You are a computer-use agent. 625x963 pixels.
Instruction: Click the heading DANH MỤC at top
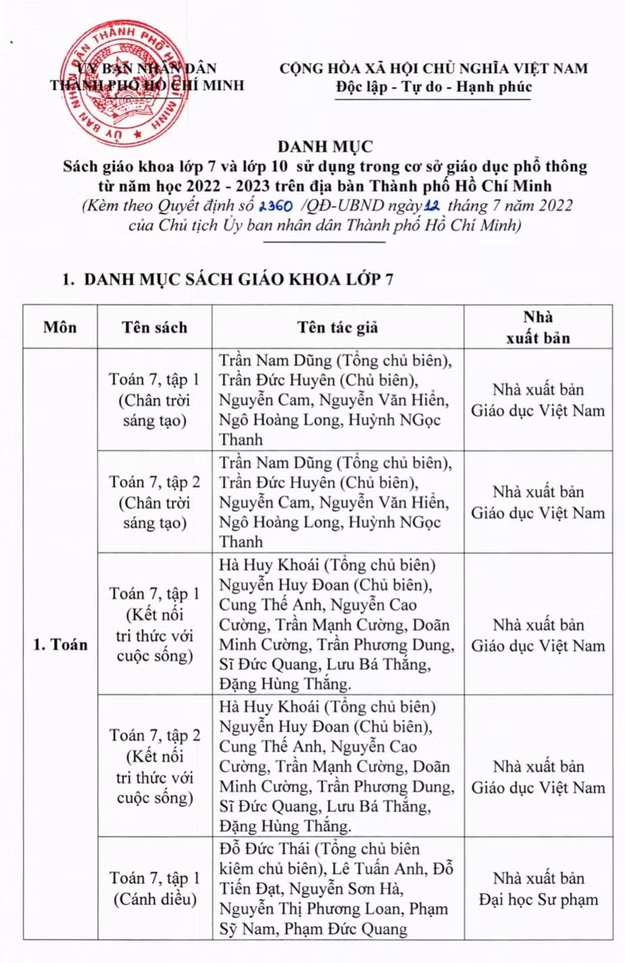[x=325, y=147]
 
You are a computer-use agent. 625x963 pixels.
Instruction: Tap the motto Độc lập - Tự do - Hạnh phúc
[x=433, y=87]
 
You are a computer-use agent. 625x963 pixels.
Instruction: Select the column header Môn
[x=60, y=327]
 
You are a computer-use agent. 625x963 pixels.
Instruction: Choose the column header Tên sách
[x=154, y=327]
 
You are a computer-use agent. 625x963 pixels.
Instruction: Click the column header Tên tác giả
[x=337, y=327]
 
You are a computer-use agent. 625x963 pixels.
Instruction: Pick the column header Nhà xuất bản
[x=537, y=327]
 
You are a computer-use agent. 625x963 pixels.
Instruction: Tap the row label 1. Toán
[x=60, y=645]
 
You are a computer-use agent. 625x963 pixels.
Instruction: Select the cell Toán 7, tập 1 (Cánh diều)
[x=155, y=889]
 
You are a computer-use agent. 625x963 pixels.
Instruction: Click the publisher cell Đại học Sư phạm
[x=537, y=889]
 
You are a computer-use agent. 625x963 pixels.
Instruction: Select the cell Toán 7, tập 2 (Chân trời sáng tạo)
[x=155, y=502]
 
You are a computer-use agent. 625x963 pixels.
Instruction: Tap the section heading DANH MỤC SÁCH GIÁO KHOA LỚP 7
[x=238, y=279]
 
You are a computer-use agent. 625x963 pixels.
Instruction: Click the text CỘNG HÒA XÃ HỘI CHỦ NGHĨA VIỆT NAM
[x=433, y=68]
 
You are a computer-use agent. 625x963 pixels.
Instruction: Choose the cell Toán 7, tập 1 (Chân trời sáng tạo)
[x=155, y=400]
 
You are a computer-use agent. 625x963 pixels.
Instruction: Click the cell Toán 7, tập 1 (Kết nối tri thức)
[x=155, y=624]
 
